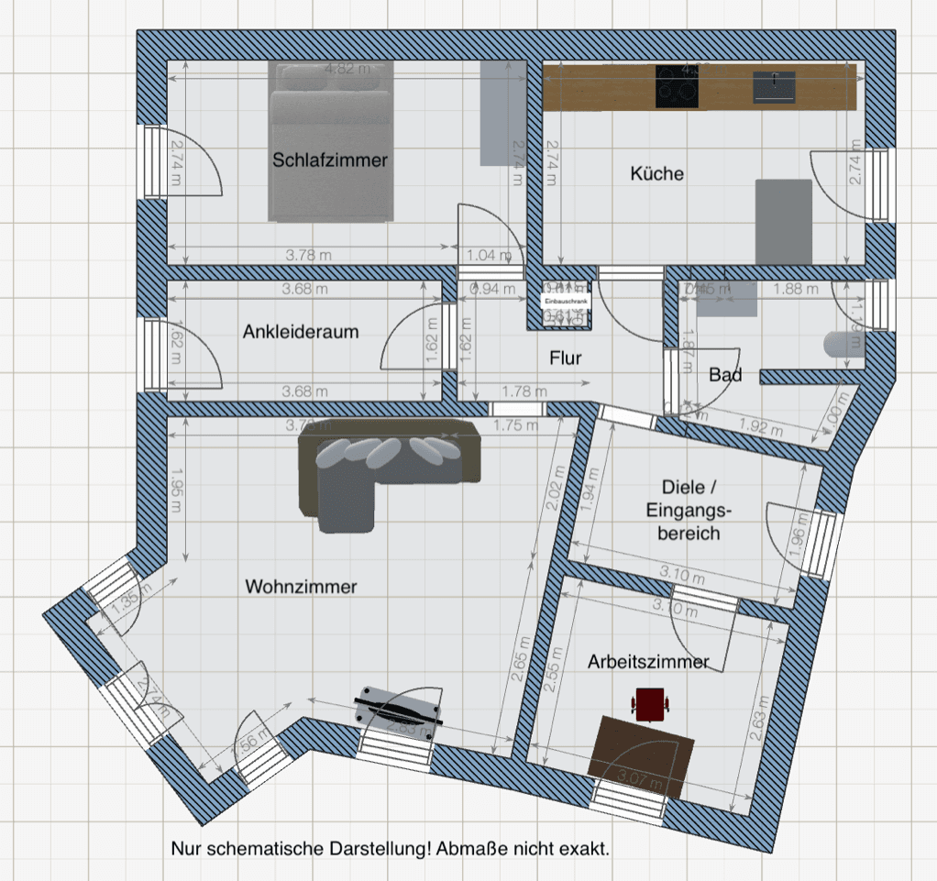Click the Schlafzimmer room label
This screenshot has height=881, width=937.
point(330,160)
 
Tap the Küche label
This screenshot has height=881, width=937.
point(657,173)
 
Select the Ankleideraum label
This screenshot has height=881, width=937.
point(301,333)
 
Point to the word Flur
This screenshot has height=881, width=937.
point(566,358)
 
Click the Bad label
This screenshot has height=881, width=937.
point(725,375)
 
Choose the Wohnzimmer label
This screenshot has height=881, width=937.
point(301,587)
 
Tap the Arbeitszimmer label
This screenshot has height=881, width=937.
point(648,661)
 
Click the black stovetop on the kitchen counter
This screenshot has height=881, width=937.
point(678,86)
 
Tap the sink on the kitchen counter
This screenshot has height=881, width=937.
point(775,85)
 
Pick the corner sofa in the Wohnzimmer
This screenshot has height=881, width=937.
point(385,463)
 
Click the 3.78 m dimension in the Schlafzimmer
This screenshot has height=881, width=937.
point(308,255)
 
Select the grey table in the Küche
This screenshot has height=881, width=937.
point(783,220)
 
